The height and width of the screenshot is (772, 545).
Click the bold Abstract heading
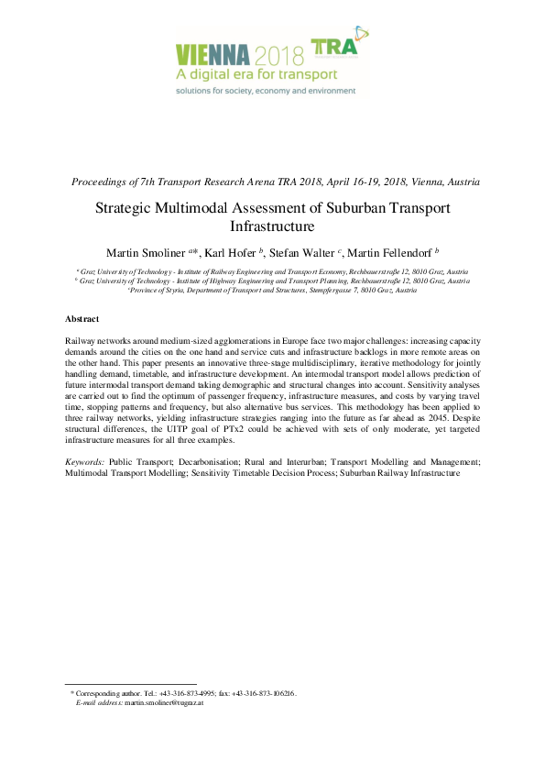(82, 318)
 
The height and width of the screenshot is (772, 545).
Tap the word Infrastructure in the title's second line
(272, 226)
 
